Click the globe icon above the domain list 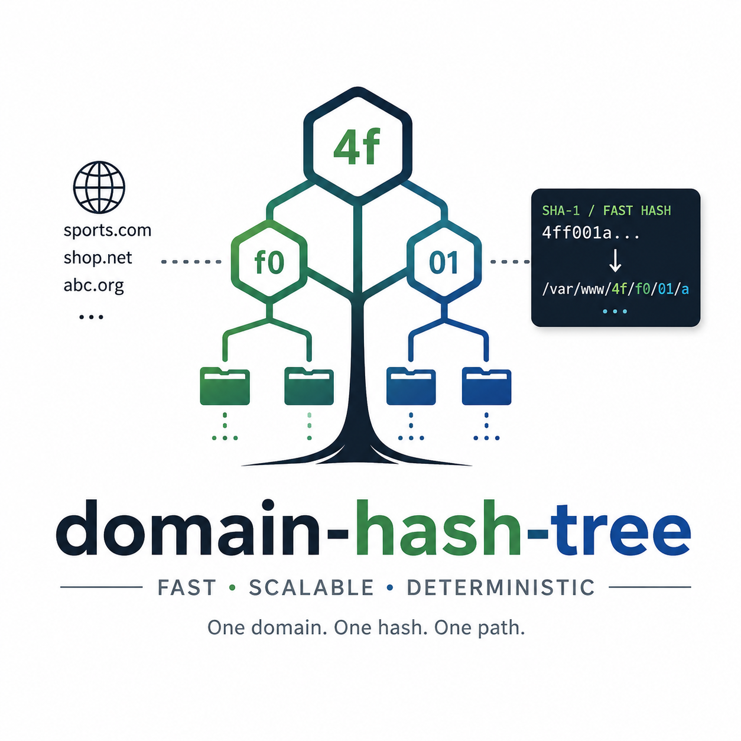click(x=99, y=187)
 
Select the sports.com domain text click(x=108, y=230)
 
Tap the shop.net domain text click(x=97, y=257)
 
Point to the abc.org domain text click(x=93, y=285)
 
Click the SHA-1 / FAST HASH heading click(x=606, y=211)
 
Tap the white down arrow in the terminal click(x=615, y=261)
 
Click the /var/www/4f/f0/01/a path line click(x=615, y=289)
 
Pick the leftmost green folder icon click(x=225, y=386)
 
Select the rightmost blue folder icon click(x=486, y=386)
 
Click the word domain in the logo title click(x=188, y=528)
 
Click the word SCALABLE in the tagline click(x=311, y=587)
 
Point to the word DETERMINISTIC click(x=500, y=587)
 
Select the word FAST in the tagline click(x=187, y=587)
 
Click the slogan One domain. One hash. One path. click(x=366, y=628)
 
